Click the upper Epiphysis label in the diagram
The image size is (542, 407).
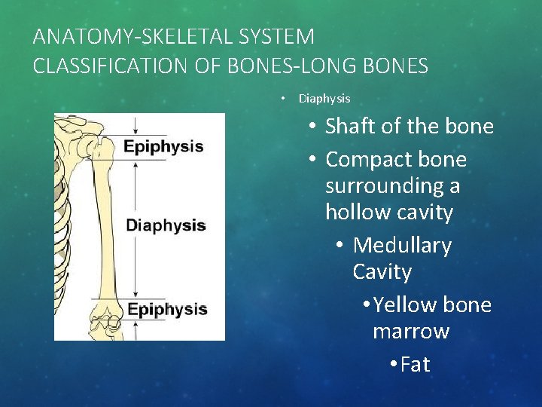pyautogui.click(x=163, y=146)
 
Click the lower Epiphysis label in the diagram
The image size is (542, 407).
pyautogui.click(x=166, y=309)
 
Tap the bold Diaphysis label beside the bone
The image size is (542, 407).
pyautogui.click(x=166, y=225)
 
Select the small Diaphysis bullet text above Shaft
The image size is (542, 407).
pyautogui.click(x=324, y=99)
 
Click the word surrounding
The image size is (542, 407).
pyautogui.click(x=392, y=186)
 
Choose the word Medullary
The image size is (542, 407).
pyautogui.click(x=402, y=246)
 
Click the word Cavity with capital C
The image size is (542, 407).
pyautogui.click(x=382, y=272)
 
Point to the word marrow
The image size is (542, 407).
pyautogui.click(x=411, y=332)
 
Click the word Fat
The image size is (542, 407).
pyautogui.click(x=415, y=365)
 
